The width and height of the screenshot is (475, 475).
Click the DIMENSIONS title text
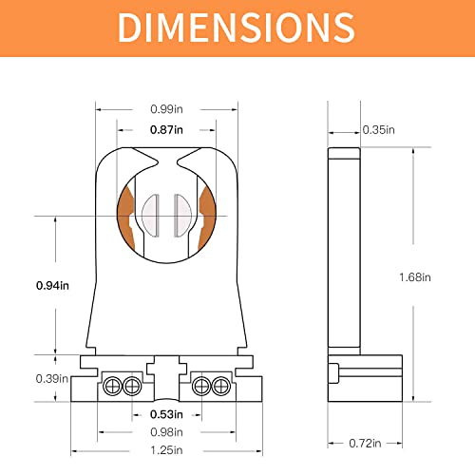click(237, 28)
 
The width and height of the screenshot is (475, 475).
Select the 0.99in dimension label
click(168, 108)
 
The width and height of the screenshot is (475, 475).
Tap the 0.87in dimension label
click(168, 129)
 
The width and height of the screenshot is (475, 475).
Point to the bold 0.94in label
click(26, 284)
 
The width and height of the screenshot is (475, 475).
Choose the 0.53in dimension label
click(168, 414)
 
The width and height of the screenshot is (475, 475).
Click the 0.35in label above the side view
click(377, 130)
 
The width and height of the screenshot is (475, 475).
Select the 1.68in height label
click(413, 277)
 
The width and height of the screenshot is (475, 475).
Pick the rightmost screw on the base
click(221, 386)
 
